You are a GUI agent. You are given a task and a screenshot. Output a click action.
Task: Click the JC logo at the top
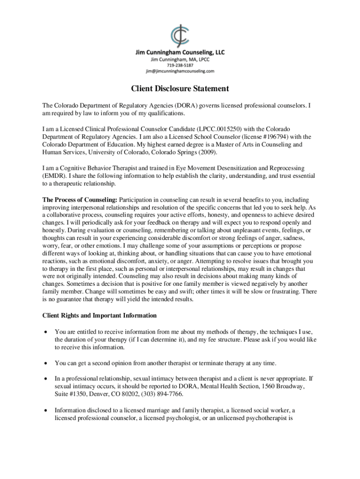180,35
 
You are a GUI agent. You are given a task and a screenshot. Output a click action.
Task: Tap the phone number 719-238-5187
180,65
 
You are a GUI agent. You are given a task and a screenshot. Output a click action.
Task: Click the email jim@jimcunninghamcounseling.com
180,72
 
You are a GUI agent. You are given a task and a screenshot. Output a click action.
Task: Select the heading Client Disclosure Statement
180,88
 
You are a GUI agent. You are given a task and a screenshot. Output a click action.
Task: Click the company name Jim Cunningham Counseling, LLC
180,53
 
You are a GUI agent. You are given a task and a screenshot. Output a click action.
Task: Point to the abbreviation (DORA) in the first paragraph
186,106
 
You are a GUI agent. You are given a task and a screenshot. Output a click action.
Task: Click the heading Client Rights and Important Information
100,315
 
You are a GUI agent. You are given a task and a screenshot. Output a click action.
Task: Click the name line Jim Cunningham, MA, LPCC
180,59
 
